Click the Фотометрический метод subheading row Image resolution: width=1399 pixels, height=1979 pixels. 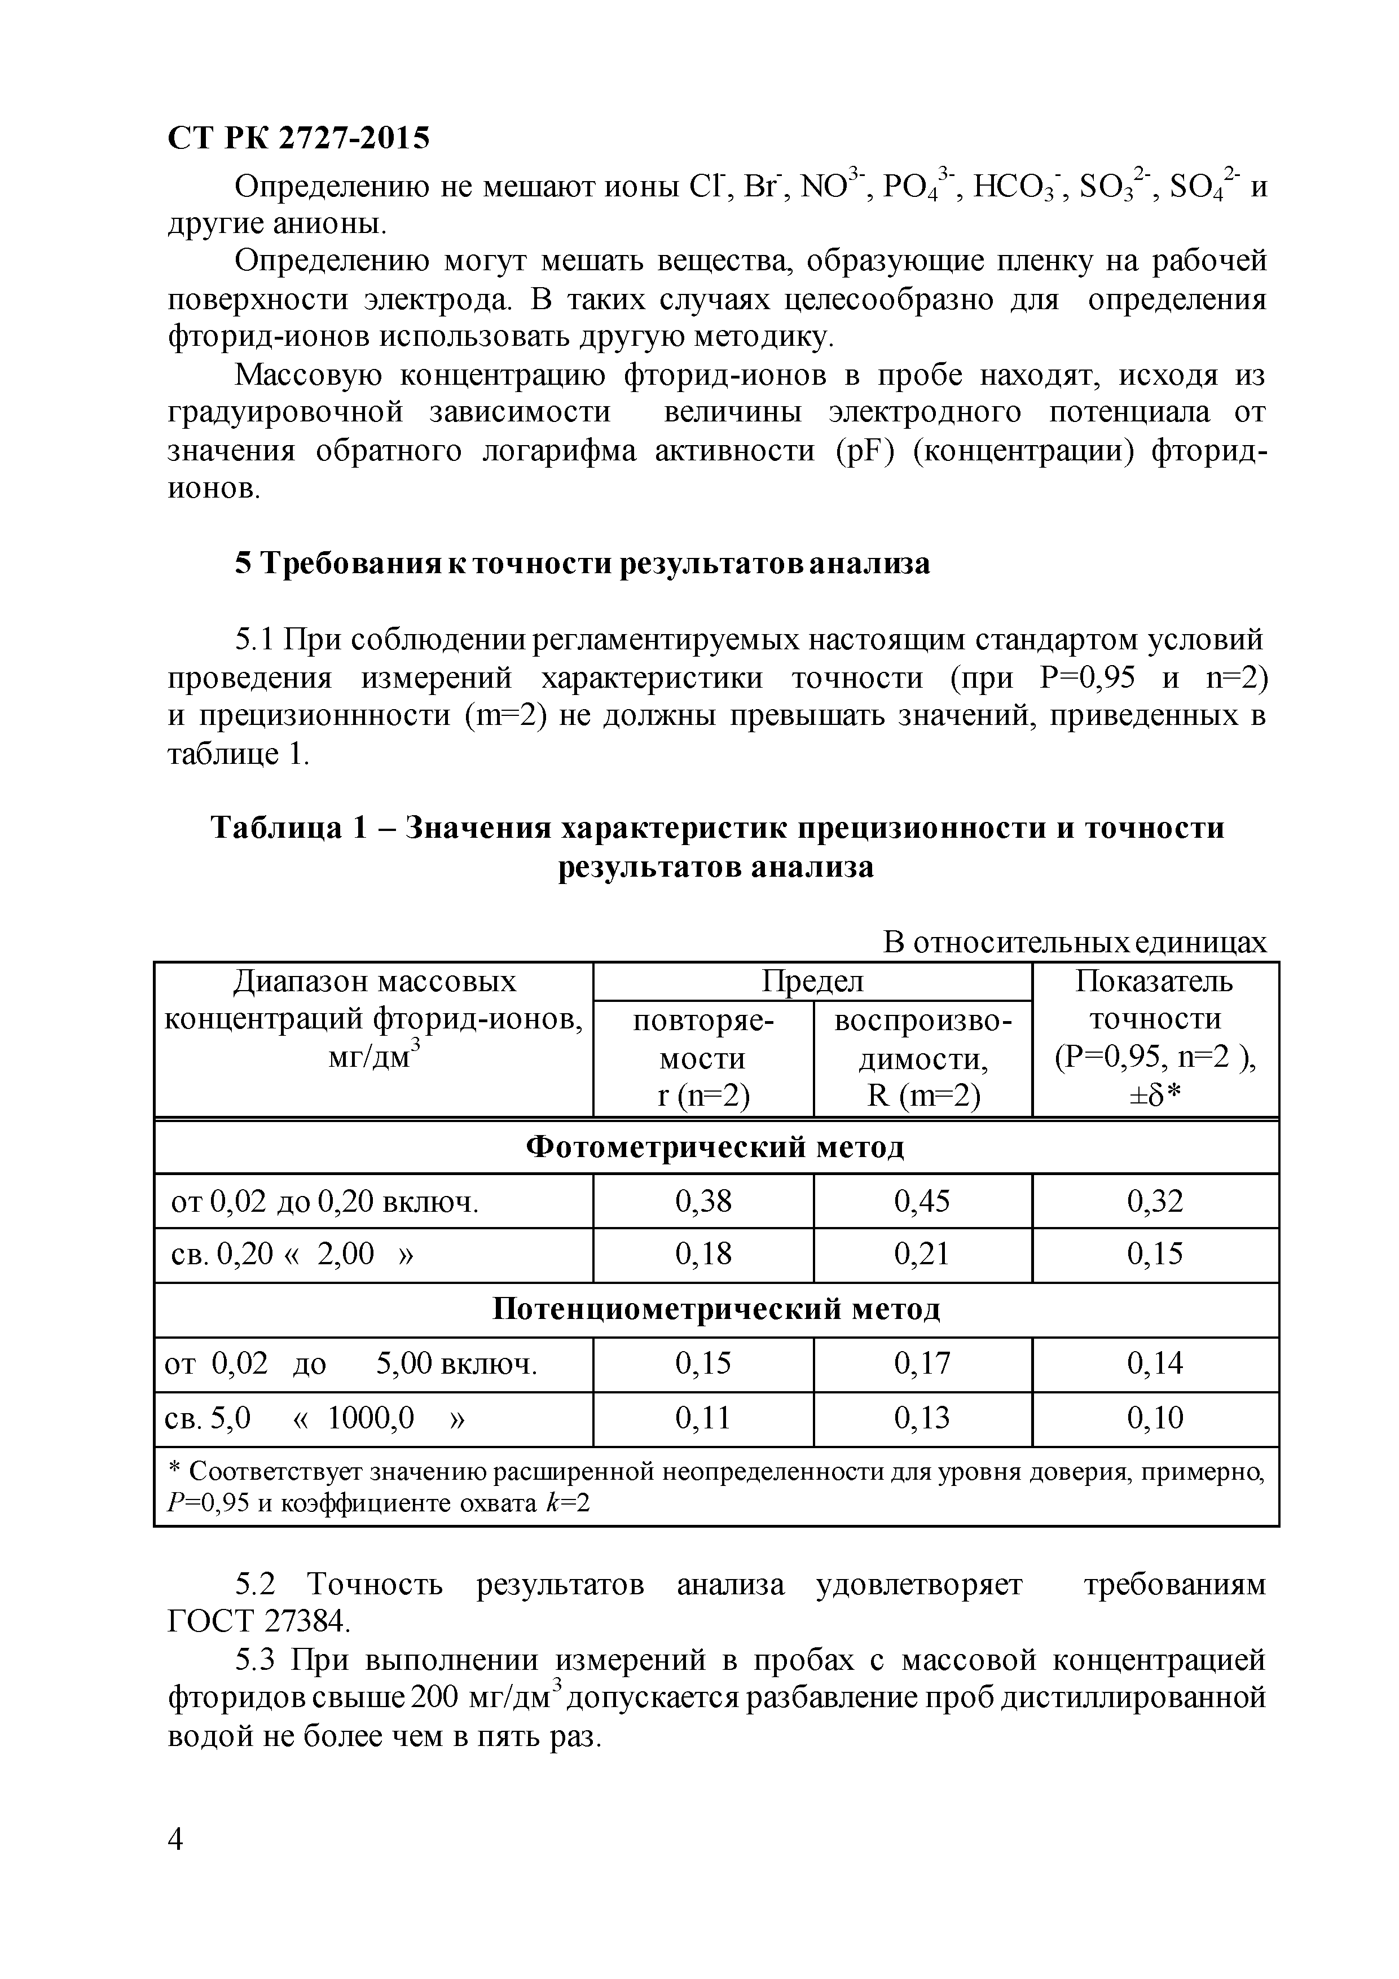click(715, 1147)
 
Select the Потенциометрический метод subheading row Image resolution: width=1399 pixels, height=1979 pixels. click(715, 1308)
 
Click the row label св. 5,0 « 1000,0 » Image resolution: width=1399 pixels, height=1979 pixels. click(315, 1418)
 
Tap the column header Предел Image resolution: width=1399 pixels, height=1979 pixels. click(811, 981)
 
